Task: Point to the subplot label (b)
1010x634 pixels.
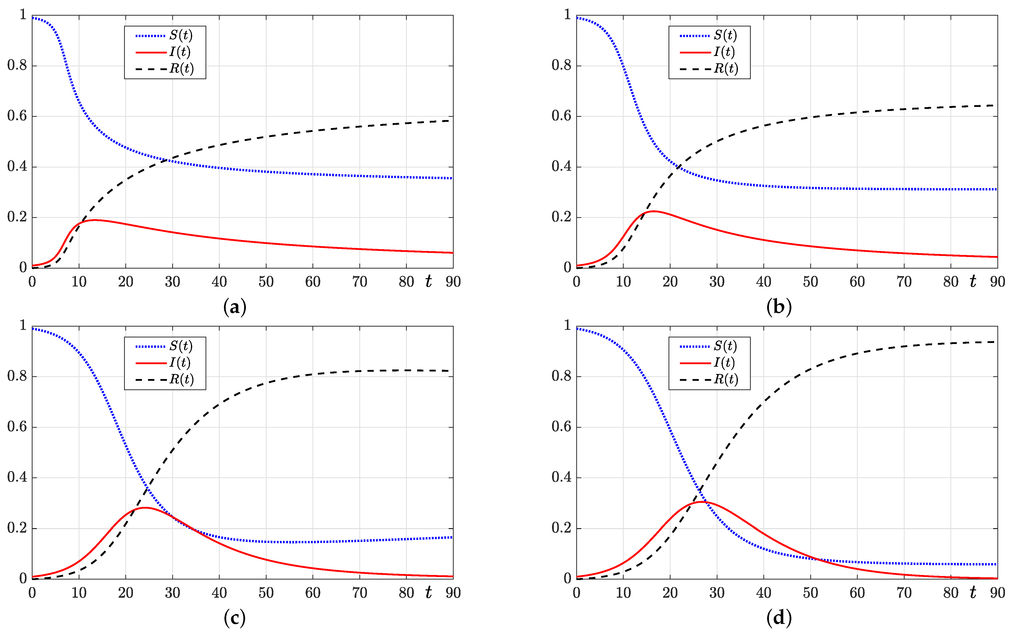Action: click(778, 307)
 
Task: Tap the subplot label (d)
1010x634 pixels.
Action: click(778, 618)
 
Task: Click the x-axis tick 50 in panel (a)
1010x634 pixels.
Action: click(266, 282)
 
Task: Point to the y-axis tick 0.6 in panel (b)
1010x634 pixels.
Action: click(561, 116)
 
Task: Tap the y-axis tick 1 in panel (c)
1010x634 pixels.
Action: click(23, 325)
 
